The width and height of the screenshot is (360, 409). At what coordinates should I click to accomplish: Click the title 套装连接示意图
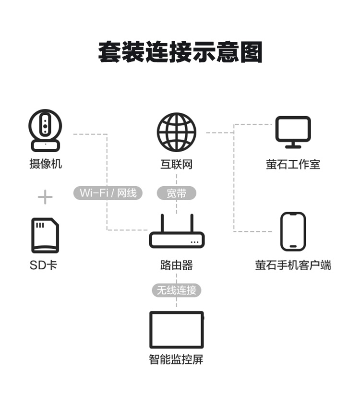[180, 52]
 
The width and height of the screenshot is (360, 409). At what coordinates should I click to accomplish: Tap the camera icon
[45, 131]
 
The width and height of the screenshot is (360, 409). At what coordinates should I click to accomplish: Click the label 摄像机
[46, 164]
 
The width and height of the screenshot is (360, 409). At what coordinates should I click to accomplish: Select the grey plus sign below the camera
[45, 197]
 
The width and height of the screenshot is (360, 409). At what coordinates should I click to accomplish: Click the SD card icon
[45, 235]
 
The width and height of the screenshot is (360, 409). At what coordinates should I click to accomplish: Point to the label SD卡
[43, 265]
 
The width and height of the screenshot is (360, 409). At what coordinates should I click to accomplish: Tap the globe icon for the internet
[176, 132]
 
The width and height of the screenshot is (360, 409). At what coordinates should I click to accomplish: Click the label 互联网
[176, 164]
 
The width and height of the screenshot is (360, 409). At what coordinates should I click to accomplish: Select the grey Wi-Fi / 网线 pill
[108, 193]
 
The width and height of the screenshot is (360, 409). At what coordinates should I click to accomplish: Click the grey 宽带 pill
[176, 193]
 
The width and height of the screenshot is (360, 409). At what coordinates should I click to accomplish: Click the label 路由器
[177, 265]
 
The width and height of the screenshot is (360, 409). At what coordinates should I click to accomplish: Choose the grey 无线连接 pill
[176, 290]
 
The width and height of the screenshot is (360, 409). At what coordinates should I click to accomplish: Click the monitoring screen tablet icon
[177, 330]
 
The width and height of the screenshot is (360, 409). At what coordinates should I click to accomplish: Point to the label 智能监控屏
[176, 359]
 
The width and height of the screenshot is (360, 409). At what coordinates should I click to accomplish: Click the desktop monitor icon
[293, 132]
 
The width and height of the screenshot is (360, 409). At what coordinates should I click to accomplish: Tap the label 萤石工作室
[293, 164]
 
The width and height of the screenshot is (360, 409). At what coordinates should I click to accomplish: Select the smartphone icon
[293, 231]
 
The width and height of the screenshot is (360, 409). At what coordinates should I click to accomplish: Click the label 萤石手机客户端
[293, 265]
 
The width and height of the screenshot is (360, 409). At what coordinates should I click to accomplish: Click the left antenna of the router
[162, 223]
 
